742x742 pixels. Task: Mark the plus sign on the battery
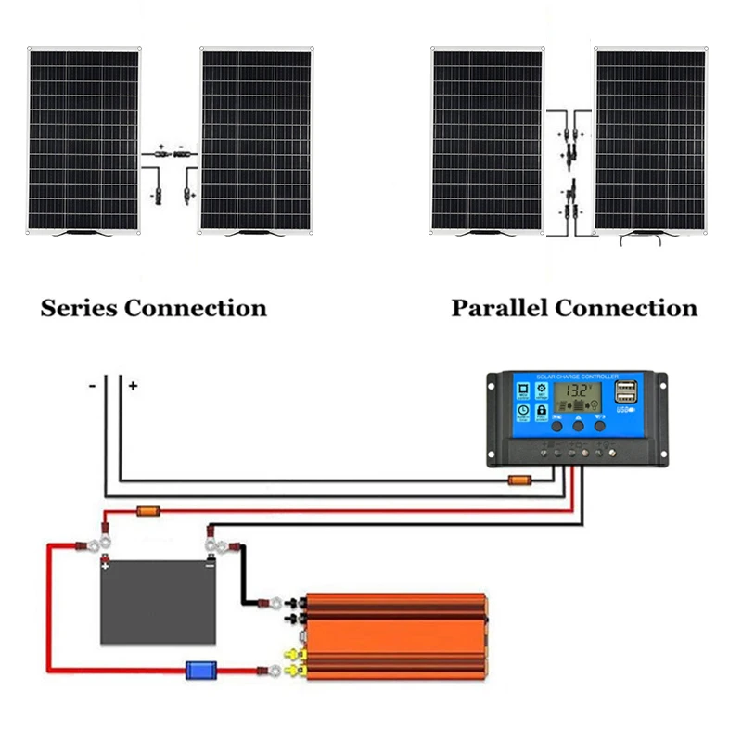(107, 563)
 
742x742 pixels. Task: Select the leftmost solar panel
(83, 139)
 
